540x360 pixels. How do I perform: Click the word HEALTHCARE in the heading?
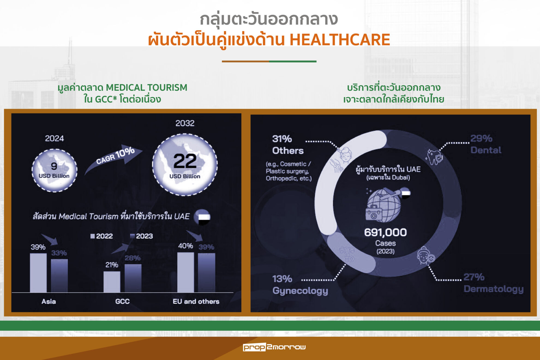click(x=340, y=40)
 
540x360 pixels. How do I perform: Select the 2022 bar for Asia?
click(x=38, y=273)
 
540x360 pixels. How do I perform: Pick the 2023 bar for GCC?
click(x=133, y=278)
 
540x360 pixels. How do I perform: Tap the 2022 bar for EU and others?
click(x=186, y=272)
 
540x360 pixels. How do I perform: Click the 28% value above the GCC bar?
click(x=133, y=258)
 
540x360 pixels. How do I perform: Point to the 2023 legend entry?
click(x=141, y=236)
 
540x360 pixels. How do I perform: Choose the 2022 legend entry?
click(x=101, y=236)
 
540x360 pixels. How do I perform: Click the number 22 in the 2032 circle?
click(x=185, y=161)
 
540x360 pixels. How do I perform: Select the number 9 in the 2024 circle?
click(x=54, y=166)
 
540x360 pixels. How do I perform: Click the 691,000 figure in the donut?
click(x=385, y=232)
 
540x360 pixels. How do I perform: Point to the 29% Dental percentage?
click(x=481, y=138)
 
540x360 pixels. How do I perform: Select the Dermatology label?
click(x=494, y=289)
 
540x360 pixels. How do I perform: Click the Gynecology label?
click(x=300, y=291)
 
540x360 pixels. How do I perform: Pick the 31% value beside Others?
click(x=282, y=139)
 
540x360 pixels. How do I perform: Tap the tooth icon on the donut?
click(x=434, y=157)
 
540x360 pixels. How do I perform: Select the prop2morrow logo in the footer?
click(x=274, y=347)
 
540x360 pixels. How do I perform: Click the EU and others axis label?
click(x=196, y=301)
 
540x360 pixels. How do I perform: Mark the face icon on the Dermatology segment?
click(x=425, y=256)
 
